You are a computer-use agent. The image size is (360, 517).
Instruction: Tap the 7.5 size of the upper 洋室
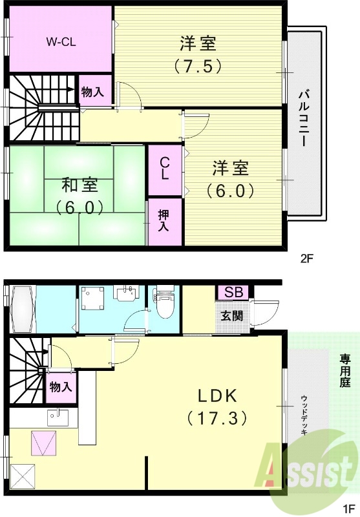[198, 65]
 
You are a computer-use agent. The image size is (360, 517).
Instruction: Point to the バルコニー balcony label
[303, 122]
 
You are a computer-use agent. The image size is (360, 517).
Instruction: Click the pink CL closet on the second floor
[165, 169]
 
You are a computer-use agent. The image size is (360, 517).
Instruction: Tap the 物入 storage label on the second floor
[92, 92]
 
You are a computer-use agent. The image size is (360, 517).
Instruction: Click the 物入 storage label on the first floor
[61, 387]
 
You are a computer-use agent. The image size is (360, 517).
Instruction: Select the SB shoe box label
[234, 292]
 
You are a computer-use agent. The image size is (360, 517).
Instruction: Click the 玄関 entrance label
[233, 316]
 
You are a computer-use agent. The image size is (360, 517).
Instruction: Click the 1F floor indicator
[350, 509]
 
